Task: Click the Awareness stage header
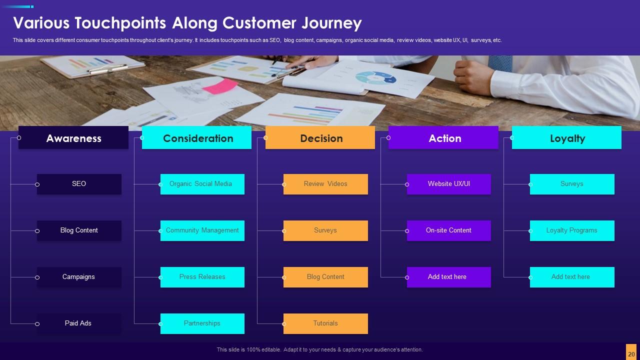click(73, 138)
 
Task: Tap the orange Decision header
click(320, 138)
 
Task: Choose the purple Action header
click(443, 138)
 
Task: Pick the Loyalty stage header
click(566, 138)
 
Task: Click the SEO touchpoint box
click(79, 184)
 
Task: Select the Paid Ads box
click(79, 323)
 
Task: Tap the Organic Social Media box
click(202, 184)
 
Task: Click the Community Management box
click(202, 230)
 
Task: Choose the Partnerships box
click(202, 323)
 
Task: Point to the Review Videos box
click(325, 184)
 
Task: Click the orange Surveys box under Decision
click(325, 230)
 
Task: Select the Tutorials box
click(325, 323)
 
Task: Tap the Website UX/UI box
click(448, 184)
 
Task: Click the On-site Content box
click(448, 230)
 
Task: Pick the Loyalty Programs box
click(572, 230)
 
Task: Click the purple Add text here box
click(448, 277)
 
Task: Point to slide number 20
click(631, 353)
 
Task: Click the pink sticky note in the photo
click(219, 86)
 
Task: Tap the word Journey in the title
click(331, 23)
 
